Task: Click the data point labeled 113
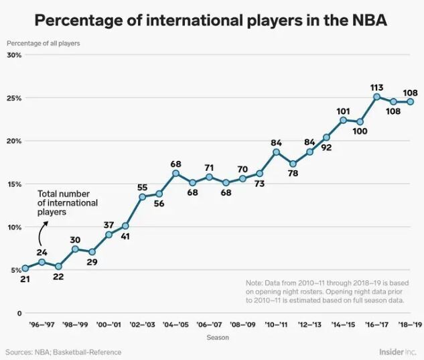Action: (376, 97)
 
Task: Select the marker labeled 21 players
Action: (25, 268)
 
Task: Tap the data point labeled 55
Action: (142, 197)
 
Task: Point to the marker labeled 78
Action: (293, 164)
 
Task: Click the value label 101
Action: (343, 111)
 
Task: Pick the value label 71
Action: (209, 168)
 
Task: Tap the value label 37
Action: (109, 225)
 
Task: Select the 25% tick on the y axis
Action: (14, 98)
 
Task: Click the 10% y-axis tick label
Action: (14, 227)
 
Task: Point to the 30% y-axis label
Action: (14, 55)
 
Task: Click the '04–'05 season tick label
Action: (175, 324)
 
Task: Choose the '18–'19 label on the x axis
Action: (410, 324)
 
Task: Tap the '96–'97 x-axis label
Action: (42, 324)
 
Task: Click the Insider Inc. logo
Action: (397, 351)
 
